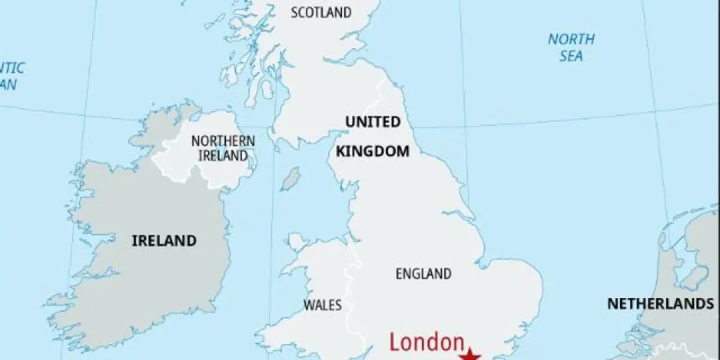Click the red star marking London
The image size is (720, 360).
pyautogui.click(x=470, y=354)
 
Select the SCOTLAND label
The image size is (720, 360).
pyautogui.click(x=321, y=12)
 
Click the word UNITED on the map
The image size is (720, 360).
pyautogui.click(x=372, y=122)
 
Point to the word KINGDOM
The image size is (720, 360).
pyautogui.click(x=372, y=151)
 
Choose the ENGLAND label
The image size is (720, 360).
pyautogui.click(x=423, y=274)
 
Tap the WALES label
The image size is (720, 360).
pyautogui.click(x=322, y=305)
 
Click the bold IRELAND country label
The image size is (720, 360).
pyautogui.click(x=163, y=240)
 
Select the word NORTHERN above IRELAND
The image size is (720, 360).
pyautogui.click(x=223, y=140)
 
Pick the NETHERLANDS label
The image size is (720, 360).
pyautogui.click(x=660, y=304)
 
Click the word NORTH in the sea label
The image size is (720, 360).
pyautogui.click(x=571, y=40)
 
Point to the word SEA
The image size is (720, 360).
pyautogui.click(x=571, y=56)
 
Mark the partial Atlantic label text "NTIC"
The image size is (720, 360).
pyautogui.click(x=12, y=68)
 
